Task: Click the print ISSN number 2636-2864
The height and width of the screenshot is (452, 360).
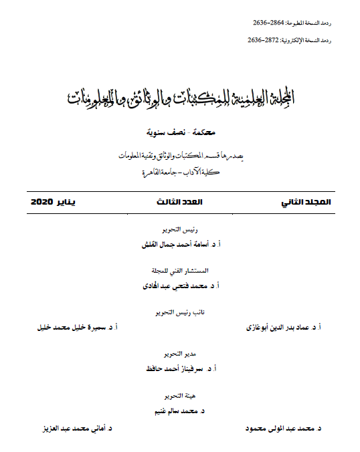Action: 268,23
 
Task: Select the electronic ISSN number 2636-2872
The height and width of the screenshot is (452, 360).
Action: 264,40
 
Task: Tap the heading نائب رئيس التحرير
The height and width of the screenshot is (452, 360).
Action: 181,312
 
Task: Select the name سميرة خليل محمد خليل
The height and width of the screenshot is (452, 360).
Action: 74,328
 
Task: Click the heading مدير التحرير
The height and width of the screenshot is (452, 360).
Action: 181,354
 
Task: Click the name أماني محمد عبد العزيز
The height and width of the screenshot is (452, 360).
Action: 69,426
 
